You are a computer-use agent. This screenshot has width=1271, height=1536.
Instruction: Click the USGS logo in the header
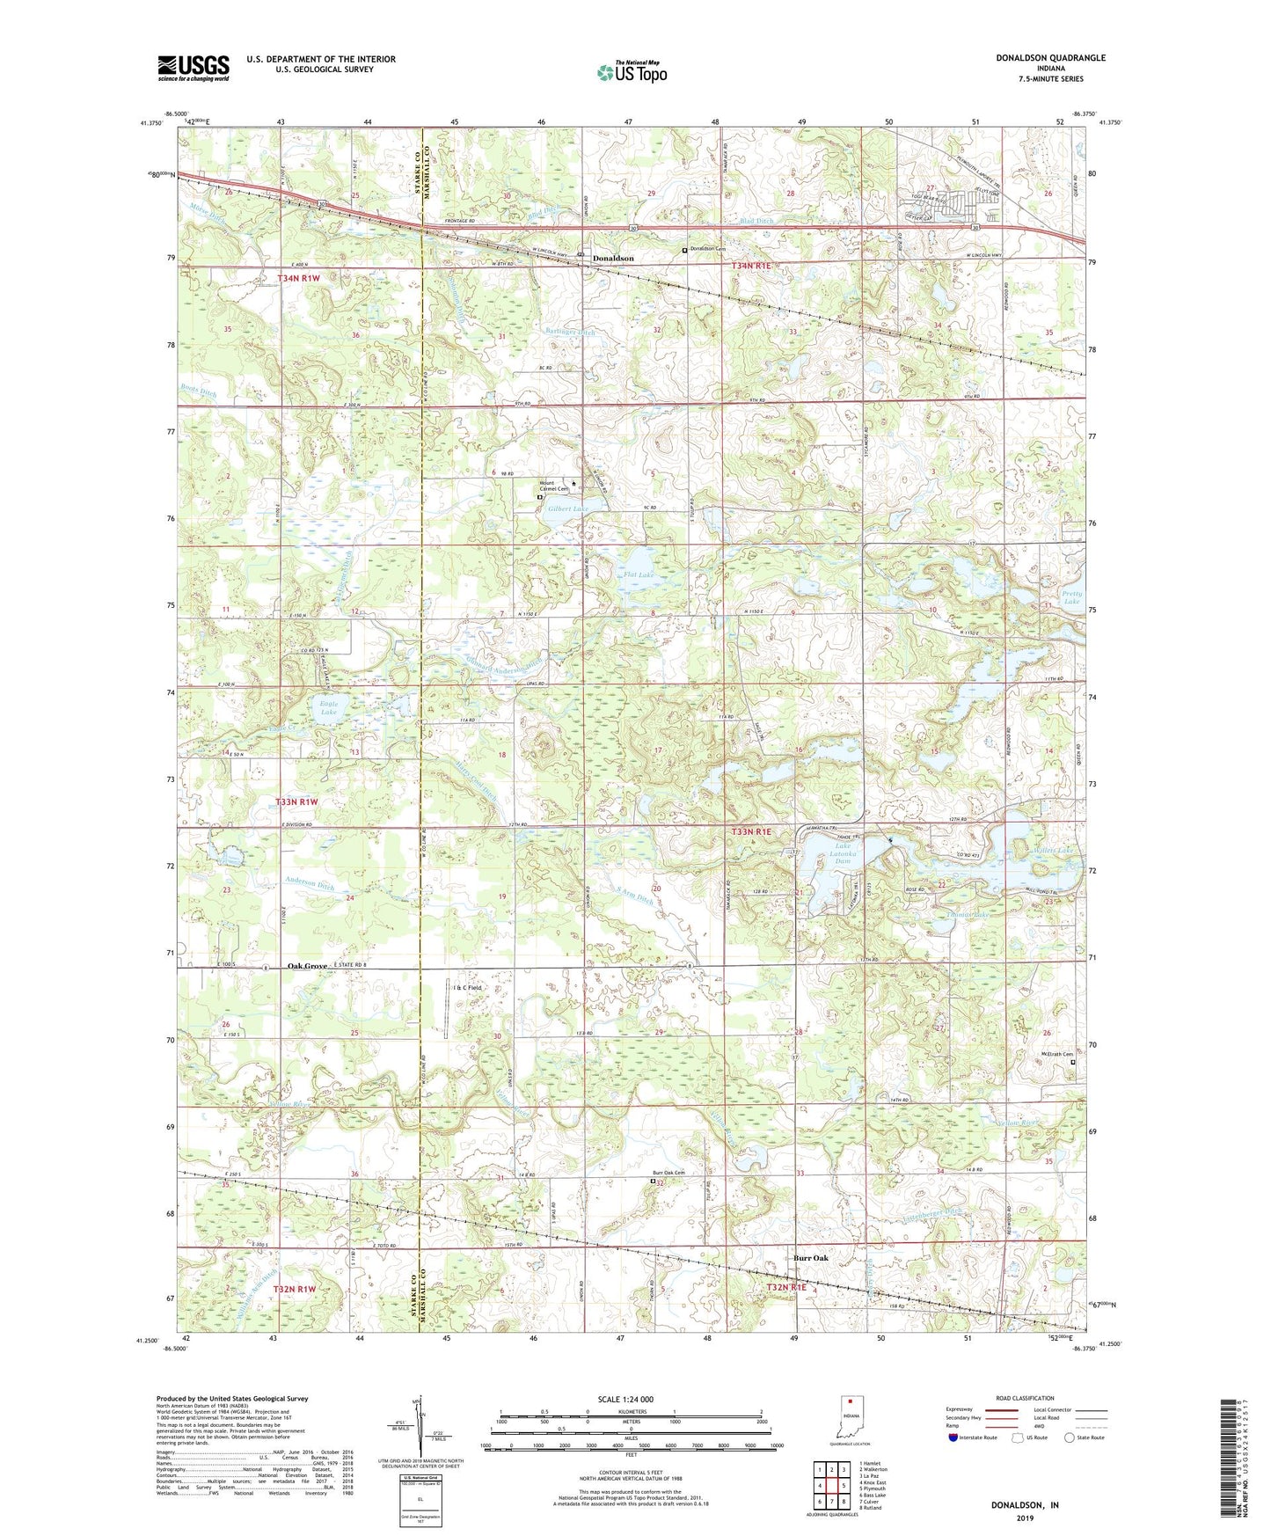point(194,68)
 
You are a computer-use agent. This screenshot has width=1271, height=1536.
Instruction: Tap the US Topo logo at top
point(632,72)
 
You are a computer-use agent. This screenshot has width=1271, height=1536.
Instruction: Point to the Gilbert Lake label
point(568,508)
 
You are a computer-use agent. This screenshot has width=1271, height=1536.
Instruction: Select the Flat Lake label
point(640,575)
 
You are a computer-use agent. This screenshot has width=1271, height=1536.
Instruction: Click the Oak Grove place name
point(308,966)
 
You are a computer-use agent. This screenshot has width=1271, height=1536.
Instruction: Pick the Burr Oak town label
point(811,1258)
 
